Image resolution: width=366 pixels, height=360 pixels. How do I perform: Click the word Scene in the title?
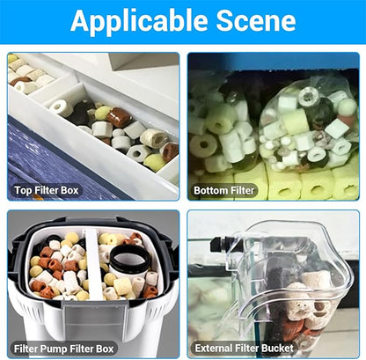pyautogui.click(x=256, y=20)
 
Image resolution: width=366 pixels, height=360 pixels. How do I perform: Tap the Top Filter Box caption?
pyautogui.click(x=47, y=190)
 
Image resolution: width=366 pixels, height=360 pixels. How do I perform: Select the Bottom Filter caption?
pyautogui.click(x=223, y=190)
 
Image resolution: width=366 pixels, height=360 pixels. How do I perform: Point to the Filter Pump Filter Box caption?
pyautogui.click(x=63, y=349)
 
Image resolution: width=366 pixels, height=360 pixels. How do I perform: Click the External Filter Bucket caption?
pyautogui.click(x=244, y=349)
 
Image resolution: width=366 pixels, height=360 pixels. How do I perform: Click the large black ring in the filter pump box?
pyautogui.click(x=129, y=259)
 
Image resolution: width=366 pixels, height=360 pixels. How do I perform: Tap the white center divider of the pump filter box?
pyautogui.click(x=93, y=264)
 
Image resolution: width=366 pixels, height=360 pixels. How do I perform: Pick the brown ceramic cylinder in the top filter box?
pyautogui.click(x=120, y=117)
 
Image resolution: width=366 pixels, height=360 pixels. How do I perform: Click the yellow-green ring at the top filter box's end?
pyautogui.click(x=155, y=163)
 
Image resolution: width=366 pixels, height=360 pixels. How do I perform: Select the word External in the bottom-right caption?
pyautogui.click(x=212, y=349)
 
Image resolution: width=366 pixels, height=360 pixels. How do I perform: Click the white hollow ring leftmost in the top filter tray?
pyautogui.click(x=62, y=107)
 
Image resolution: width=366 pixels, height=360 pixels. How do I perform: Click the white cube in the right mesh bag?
pyautogui.click(x=337, y=129)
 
